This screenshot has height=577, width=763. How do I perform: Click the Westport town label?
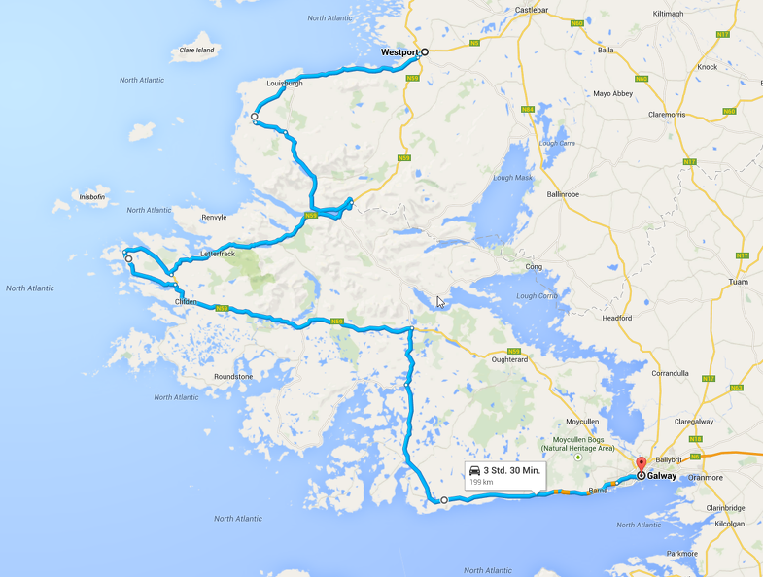point(399,52)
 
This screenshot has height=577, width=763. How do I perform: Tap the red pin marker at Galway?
point(641,465)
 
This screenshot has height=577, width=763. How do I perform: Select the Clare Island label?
point(197,50)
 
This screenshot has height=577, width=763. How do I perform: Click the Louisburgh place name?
point(285,84)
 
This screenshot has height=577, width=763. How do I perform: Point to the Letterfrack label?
point(218,254)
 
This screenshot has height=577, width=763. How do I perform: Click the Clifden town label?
point(186,302)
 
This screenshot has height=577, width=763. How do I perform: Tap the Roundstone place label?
point(232,377)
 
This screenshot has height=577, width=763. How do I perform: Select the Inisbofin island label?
point(92,197)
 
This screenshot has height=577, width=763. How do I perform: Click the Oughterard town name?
point(515,359)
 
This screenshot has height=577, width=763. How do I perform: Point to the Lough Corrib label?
point(538,295)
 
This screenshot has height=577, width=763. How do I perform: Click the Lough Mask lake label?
point(513,178)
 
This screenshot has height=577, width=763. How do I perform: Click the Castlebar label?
point(533,10)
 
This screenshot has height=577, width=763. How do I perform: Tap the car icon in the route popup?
point(474,470)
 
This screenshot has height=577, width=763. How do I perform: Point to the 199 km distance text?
point(481,482)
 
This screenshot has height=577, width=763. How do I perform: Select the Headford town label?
point(617,318)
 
